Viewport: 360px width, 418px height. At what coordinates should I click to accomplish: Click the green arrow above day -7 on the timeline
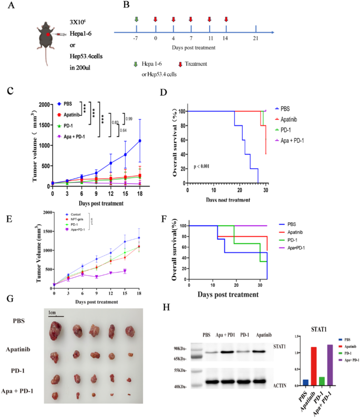137,20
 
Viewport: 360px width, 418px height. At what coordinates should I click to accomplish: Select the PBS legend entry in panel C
67,104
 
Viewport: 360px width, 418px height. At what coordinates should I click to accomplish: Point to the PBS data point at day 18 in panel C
140,141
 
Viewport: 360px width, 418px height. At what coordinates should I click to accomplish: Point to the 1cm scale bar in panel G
54,315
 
